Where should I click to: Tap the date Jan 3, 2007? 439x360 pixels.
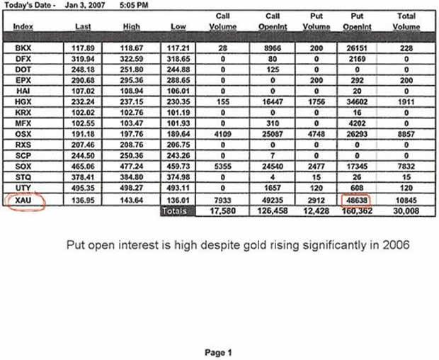(x=84, y=4)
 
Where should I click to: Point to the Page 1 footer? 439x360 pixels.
(x=217, y=352)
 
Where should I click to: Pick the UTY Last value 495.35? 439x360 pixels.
(x=83, y=191)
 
